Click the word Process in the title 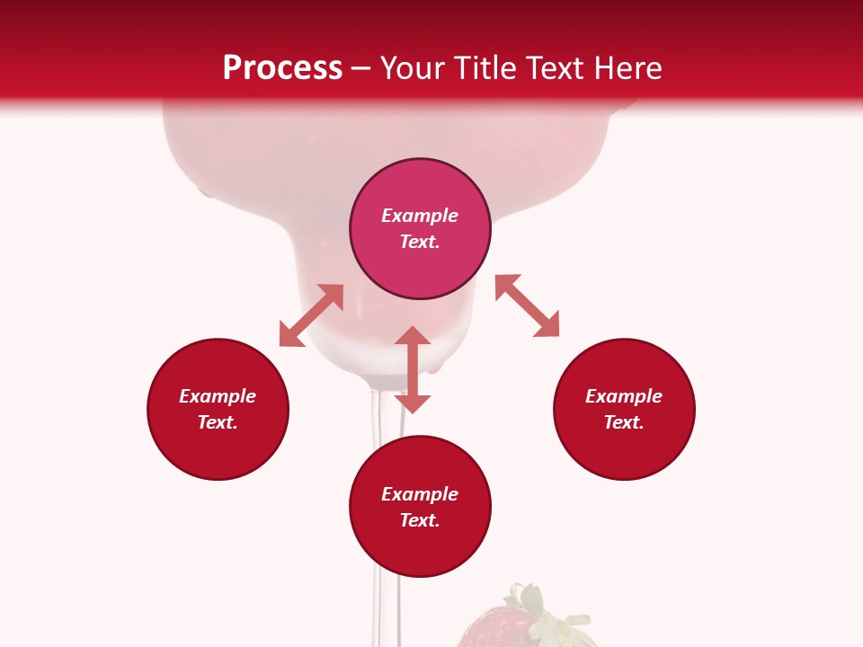282,68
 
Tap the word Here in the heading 626,68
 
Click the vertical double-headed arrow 413,369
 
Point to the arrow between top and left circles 311,315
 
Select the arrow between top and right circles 527,306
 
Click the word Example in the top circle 420,216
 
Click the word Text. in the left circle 218,422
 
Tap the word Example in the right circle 624,396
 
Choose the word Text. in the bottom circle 420,520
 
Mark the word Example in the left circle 218,396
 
